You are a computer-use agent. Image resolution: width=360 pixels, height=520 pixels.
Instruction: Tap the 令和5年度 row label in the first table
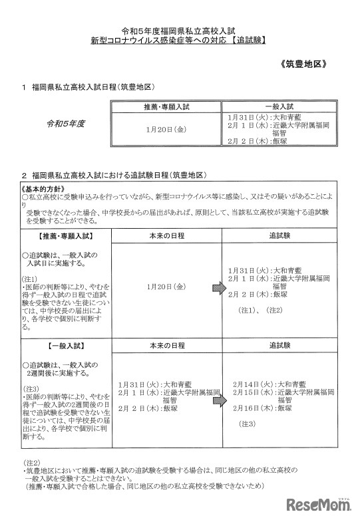(66, 123)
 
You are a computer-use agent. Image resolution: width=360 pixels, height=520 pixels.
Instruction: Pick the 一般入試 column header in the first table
(279, 106)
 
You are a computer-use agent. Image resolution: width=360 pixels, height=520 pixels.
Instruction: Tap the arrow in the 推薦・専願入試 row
(218, 287)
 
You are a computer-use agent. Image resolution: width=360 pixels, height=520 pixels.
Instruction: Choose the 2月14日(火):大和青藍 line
(270, 384)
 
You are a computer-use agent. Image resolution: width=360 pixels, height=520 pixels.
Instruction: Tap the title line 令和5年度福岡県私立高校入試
(179, 31)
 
